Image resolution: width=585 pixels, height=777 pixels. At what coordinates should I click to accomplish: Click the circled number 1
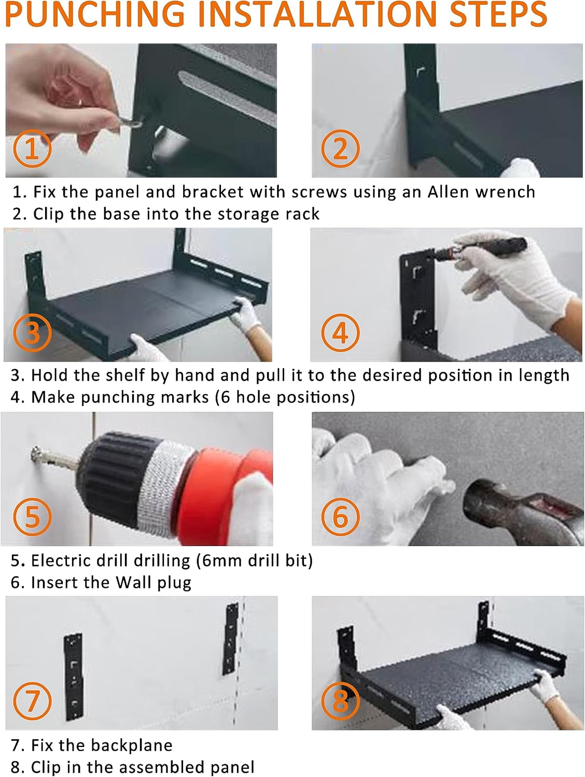(32, 148)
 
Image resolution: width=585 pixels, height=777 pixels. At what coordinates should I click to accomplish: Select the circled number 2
(340, 148)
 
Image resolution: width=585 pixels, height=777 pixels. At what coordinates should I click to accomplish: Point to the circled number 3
(32, 333)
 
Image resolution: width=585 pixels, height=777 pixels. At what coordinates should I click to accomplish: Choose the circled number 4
(340, 333)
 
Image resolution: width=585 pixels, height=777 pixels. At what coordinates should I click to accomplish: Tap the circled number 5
(32, 516)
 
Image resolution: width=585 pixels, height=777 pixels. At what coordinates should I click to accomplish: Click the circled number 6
(340, 516)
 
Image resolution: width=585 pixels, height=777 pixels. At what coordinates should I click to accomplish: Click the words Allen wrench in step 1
(481, 192)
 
